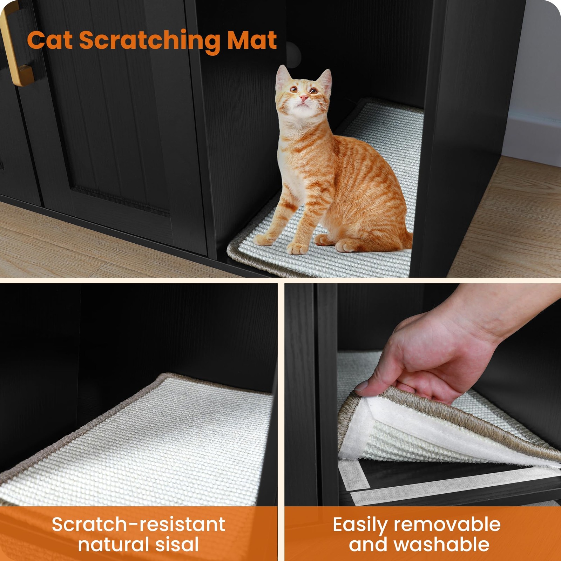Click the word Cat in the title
[x=50, y=40]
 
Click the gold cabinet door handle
[x=16, y=46]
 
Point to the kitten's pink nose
[x=304, y=97]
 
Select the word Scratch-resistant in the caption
[x=138, y=525]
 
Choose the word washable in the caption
[x=441, y=544]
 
